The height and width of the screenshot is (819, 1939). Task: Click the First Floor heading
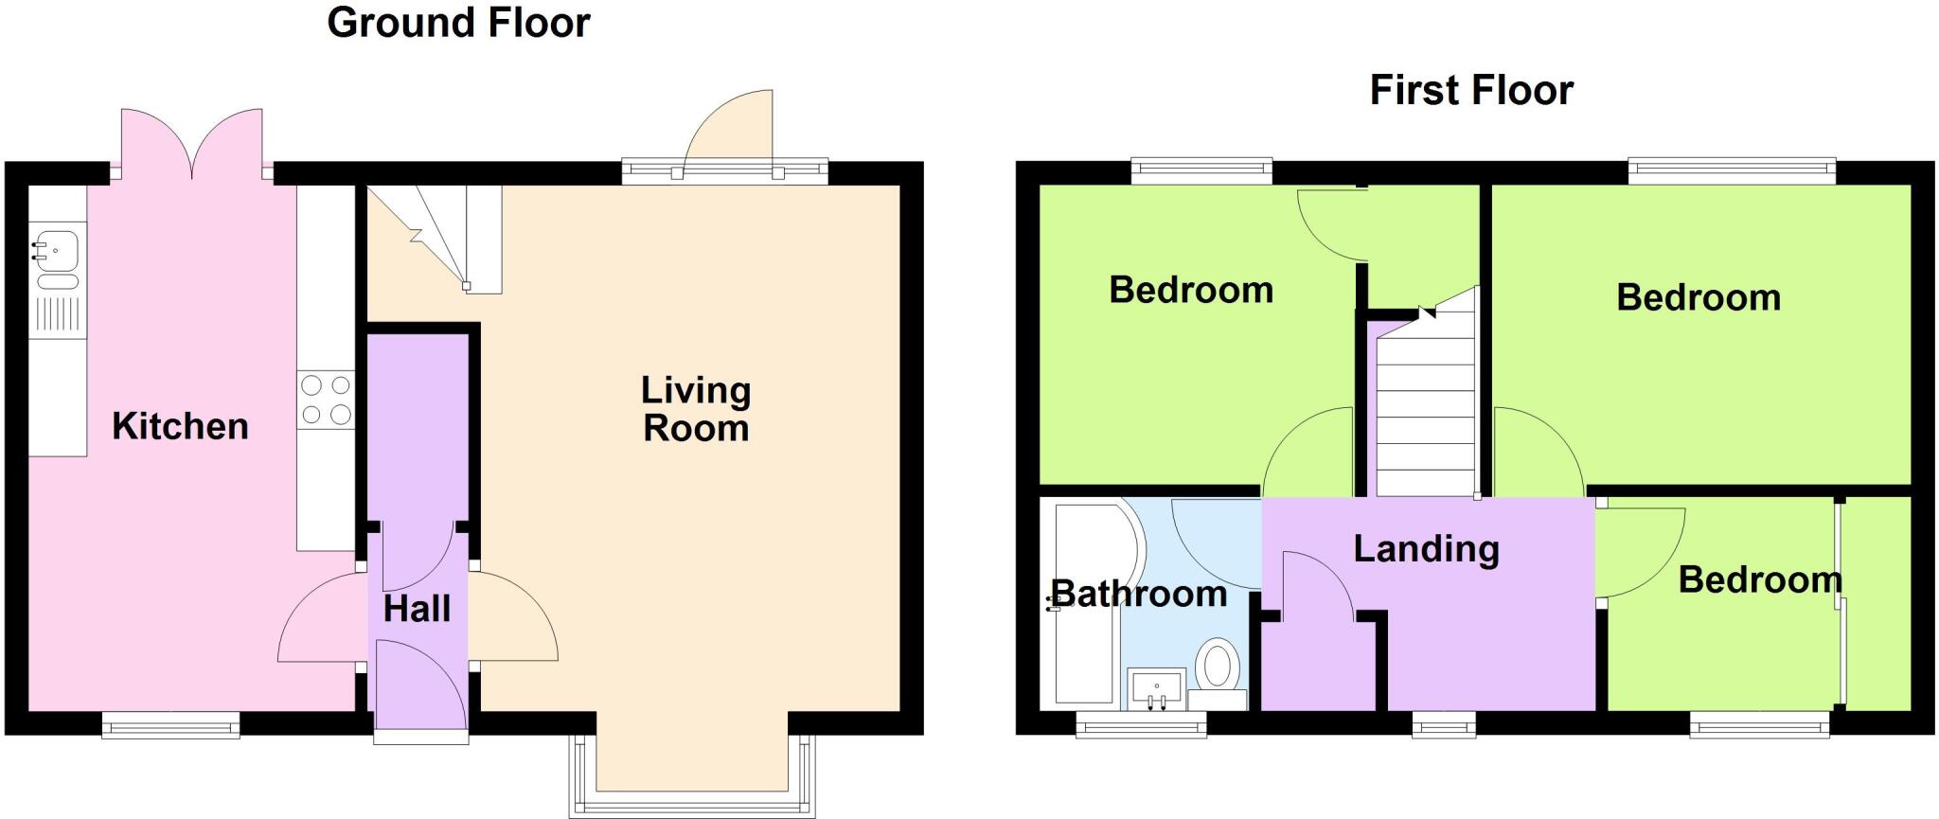click(x=1471, y=91)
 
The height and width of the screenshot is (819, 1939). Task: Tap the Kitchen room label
click(x=180, y=426)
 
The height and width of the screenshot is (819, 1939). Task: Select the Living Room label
click(x=696, y=409)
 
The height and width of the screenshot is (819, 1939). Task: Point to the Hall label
click(x=417, y=609)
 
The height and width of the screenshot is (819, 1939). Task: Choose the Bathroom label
click(x=1139, y=594)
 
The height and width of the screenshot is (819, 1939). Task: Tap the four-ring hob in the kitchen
click(x=326, y=400)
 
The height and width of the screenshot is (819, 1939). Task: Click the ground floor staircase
click(x=435, y=239)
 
